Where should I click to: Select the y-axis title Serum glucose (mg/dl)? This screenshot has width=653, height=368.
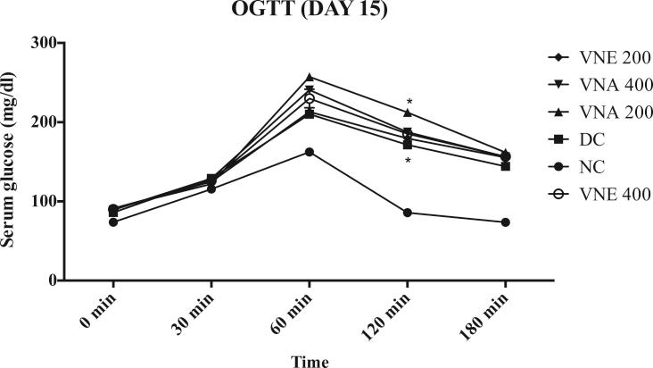click(12, 162)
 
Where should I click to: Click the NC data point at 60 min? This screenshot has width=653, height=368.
click(310, 152)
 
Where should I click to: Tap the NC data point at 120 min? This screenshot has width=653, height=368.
click(408, 213)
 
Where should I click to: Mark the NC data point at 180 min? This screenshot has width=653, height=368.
click(505, 222)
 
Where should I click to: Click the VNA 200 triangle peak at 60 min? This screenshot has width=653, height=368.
click(310, 78)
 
